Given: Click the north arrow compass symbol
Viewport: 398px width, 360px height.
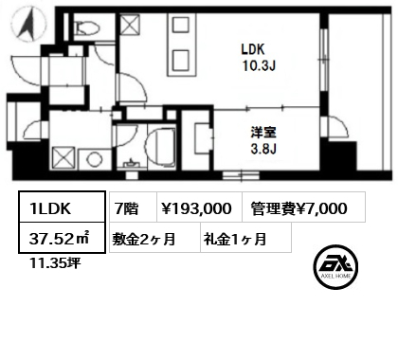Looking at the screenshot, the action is (28, 25).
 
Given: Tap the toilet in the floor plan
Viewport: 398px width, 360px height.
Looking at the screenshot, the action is (88, 27).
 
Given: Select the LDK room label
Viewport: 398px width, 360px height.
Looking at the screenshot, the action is (253, 49).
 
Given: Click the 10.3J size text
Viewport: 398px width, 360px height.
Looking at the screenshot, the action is (259, 65).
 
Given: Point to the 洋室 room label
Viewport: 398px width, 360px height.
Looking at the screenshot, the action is (263, 133).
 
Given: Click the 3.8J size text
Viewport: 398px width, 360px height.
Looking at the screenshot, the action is (263, 149).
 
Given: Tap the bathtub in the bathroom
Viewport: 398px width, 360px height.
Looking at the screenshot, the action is (160, 147).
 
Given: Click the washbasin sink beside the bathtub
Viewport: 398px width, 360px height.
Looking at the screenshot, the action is (131, 164).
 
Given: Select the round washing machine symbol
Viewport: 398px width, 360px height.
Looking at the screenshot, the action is (95, 159).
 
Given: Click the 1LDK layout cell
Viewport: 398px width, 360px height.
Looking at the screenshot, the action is (62, 207).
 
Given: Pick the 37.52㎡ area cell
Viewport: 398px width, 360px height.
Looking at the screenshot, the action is (62, 238).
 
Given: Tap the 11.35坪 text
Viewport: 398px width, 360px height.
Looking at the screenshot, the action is (55, 262).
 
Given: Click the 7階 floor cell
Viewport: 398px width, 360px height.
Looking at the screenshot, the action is (133, 207).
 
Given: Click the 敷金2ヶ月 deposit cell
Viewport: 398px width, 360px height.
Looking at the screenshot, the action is (154, 238).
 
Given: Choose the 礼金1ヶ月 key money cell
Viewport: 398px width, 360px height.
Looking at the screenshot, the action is (245, 238).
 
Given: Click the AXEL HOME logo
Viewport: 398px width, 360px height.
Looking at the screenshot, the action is (335, 267).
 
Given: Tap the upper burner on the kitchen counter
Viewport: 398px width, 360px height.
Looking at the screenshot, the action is (181, 25).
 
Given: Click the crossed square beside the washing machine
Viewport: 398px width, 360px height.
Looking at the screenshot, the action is (63, 158).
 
